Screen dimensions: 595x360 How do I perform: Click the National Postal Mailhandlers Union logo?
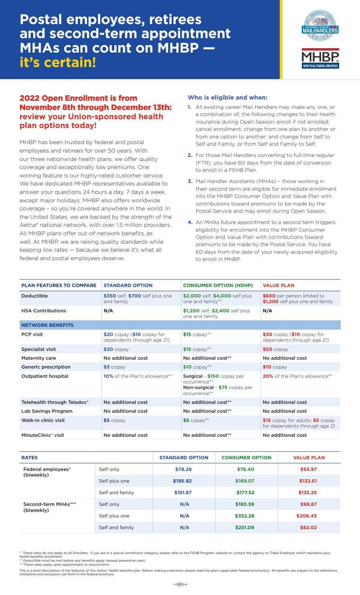(320, 26)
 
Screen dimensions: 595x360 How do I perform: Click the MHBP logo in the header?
(320, 59)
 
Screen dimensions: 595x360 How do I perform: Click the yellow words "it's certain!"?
(58, 63)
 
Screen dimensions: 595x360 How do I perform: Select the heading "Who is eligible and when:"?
(227, 98)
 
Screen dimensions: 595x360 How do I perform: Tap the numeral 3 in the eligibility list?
(190, 181)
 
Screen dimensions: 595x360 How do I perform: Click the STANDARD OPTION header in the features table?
(128, 285)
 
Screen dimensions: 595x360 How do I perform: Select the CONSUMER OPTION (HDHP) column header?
(218, 285)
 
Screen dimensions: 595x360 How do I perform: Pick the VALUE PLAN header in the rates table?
(309, 458)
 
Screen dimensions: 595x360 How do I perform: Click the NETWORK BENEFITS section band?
(47, 325)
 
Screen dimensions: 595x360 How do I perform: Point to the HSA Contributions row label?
(44, 311)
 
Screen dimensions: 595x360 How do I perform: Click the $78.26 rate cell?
(183, 469)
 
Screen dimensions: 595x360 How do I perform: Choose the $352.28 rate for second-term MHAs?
(244, 516)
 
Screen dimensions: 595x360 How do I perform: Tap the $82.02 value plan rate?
(308, 528)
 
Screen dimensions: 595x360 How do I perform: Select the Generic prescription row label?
(46, 367)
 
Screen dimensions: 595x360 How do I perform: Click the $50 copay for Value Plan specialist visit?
(275, 349)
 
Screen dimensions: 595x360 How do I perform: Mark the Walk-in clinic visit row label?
(43, 420)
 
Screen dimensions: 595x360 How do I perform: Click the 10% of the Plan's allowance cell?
(138, 376)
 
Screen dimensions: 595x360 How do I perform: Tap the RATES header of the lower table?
(29, 458)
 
